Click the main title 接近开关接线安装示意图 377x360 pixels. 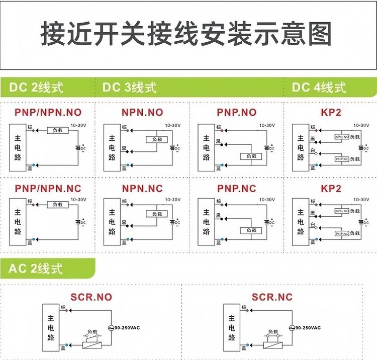pos(186,35)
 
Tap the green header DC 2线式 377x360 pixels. pos(36,87)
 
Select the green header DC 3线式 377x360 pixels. pos(129,87)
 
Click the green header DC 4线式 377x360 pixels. pos(319,87)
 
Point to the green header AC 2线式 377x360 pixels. pos(36,268)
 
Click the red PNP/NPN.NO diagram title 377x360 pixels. pos(48,112)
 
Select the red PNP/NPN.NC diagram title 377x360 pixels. pos(48,189)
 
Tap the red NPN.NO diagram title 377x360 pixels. pos(142,112)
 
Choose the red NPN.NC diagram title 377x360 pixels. pos(142,189)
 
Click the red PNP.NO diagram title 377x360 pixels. pos(236,112)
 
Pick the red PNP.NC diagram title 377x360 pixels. pos(236,189)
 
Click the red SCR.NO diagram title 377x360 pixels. pos(91,297)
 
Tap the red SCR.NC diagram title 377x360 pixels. pos(272,297)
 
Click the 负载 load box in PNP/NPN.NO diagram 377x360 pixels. pos(57,131)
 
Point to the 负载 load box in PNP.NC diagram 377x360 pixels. pos(251,230)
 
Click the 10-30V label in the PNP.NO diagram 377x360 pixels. pos(267,125)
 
